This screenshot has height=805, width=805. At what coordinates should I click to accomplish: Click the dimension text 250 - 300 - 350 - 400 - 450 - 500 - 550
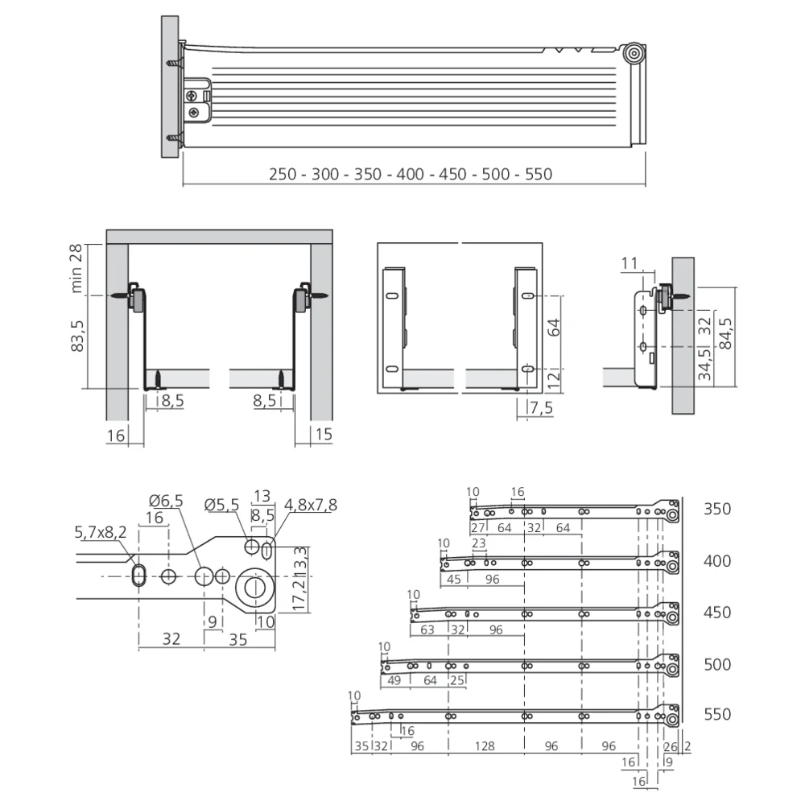pyautogui.click(x=411, y=175)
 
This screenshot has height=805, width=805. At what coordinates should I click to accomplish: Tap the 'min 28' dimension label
pyautogui.click(x=76, y=269)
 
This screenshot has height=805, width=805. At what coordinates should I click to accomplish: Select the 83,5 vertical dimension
pyautogui.click(x=77, y=336)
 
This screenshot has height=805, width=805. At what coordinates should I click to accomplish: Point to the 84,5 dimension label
pyautogui.click(x=725, y=334)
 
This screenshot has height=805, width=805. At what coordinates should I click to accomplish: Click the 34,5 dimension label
pyautogui.click(x=705, y=364)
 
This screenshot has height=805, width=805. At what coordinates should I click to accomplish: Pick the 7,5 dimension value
pyautogui.click(x=541, y=408)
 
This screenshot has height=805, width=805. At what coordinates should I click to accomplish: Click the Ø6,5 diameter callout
pyautogui.click(x=166, y=501)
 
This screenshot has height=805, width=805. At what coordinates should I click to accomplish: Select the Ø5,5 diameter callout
pyautogui.click(x=222, y=506)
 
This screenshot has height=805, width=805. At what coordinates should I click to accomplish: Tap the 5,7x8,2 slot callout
pyautogui.click(x=101, y=532)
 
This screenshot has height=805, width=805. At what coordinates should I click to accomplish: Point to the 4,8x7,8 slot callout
pyautogui.click(x=311, y=506)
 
